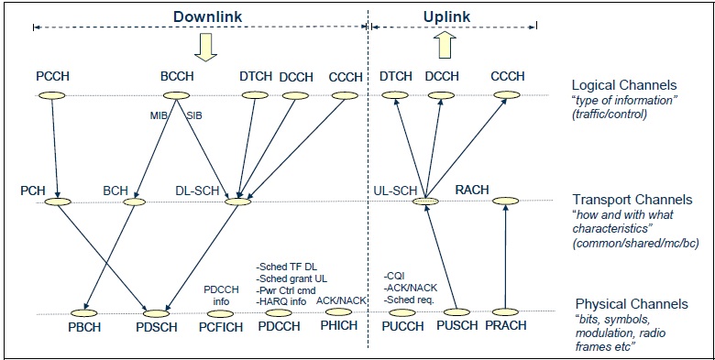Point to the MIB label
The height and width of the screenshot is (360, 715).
coord(159,115)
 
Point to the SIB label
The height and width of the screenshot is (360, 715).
coord(194,115)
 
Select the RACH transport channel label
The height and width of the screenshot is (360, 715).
coord(473,190)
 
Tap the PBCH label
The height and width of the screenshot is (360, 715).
coord(85,327)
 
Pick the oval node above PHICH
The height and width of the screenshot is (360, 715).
coord(336,312)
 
